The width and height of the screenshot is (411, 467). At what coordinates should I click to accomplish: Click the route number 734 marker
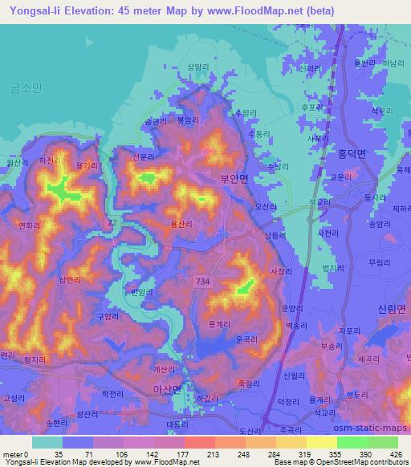click(x=201, y=278)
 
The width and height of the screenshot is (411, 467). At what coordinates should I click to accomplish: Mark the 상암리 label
click(x=198, y=67)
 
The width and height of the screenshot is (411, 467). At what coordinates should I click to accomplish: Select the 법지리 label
click(x=332, y=269)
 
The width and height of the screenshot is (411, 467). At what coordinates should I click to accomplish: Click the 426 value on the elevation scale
click(x=394, y=453)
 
